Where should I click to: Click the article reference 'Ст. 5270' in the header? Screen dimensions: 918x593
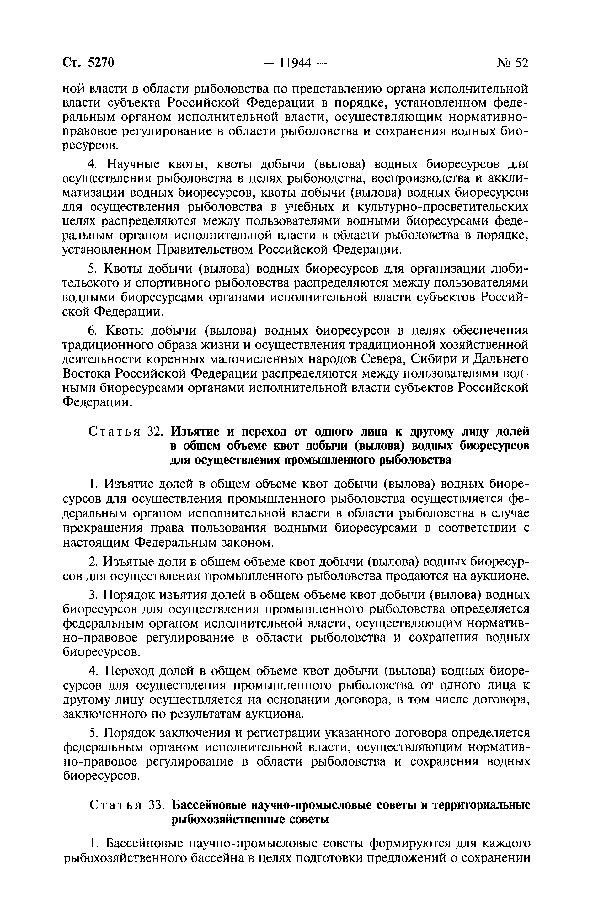(x=88, y=63)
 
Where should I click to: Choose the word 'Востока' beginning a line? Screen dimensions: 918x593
(x=87, y=373)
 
